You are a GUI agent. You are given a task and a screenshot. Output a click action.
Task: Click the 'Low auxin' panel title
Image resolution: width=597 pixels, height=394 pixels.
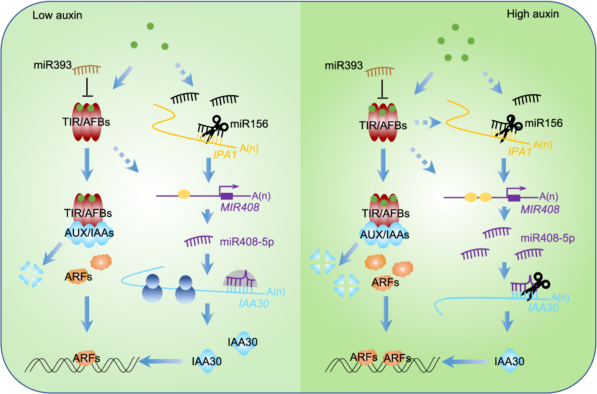(58, 15)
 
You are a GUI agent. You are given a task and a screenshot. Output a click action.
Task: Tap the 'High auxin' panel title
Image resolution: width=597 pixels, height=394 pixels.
(532, 14)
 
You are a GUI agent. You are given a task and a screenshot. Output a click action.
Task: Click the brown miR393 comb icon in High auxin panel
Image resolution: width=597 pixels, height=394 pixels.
(379, 69)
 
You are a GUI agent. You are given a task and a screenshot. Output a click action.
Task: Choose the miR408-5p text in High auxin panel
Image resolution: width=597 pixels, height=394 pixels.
(547, 239)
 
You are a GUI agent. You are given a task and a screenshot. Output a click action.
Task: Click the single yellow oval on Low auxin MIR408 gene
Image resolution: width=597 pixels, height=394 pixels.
(184, 194)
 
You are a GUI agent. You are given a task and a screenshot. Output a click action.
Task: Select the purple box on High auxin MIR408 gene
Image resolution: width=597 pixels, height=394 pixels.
(514, 197)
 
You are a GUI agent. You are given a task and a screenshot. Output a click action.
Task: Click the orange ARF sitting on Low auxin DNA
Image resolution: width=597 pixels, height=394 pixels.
(87, 359)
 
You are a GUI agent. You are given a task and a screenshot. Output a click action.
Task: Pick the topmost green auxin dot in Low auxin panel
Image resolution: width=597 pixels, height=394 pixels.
(150, 27)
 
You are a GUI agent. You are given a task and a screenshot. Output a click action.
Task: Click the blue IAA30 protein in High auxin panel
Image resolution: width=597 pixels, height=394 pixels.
(509, 361)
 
